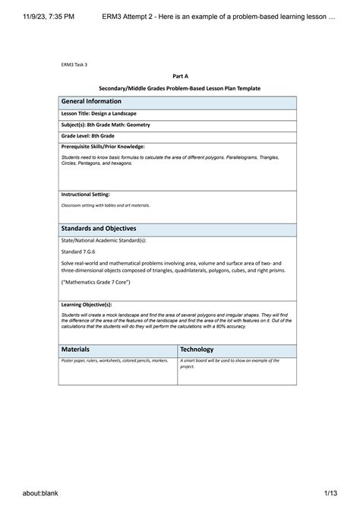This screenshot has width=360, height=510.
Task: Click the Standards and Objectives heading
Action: tap(99, 227)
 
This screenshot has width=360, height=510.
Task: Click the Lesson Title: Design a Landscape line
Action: tap(99, 113)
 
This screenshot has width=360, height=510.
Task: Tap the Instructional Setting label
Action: tap(86, 195)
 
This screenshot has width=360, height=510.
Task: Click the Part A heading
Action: tap(180, 77)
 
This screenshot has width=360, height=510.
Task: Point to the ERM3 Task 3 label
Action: tap(74, 65)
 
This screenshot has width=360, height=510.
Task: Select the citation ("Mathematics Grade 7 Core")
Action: tap(96, 282)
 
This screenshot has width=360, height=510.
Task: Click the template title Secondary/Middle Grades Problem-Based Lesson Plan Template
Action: tap(180, 88)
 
